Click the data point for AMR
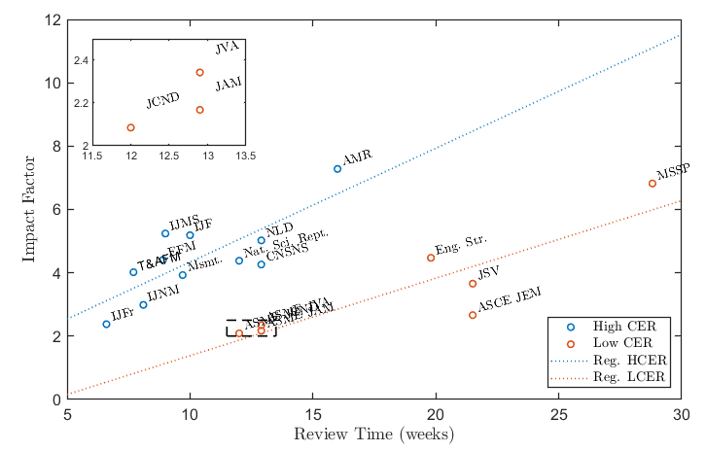[337, 169]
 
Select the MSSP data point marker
[653, 184]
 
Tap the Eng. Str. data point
[431, 258]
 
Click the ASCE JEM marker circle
[473, 315]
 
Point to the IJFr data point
[106, 324]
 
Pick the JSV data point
[473, 284]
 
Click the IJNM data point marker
[143, 305]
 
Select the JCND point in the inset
[130, 127]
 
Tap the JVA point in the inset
[199, 72]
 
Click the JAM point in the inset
[199, 110]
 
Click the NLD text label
[279, 230]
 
